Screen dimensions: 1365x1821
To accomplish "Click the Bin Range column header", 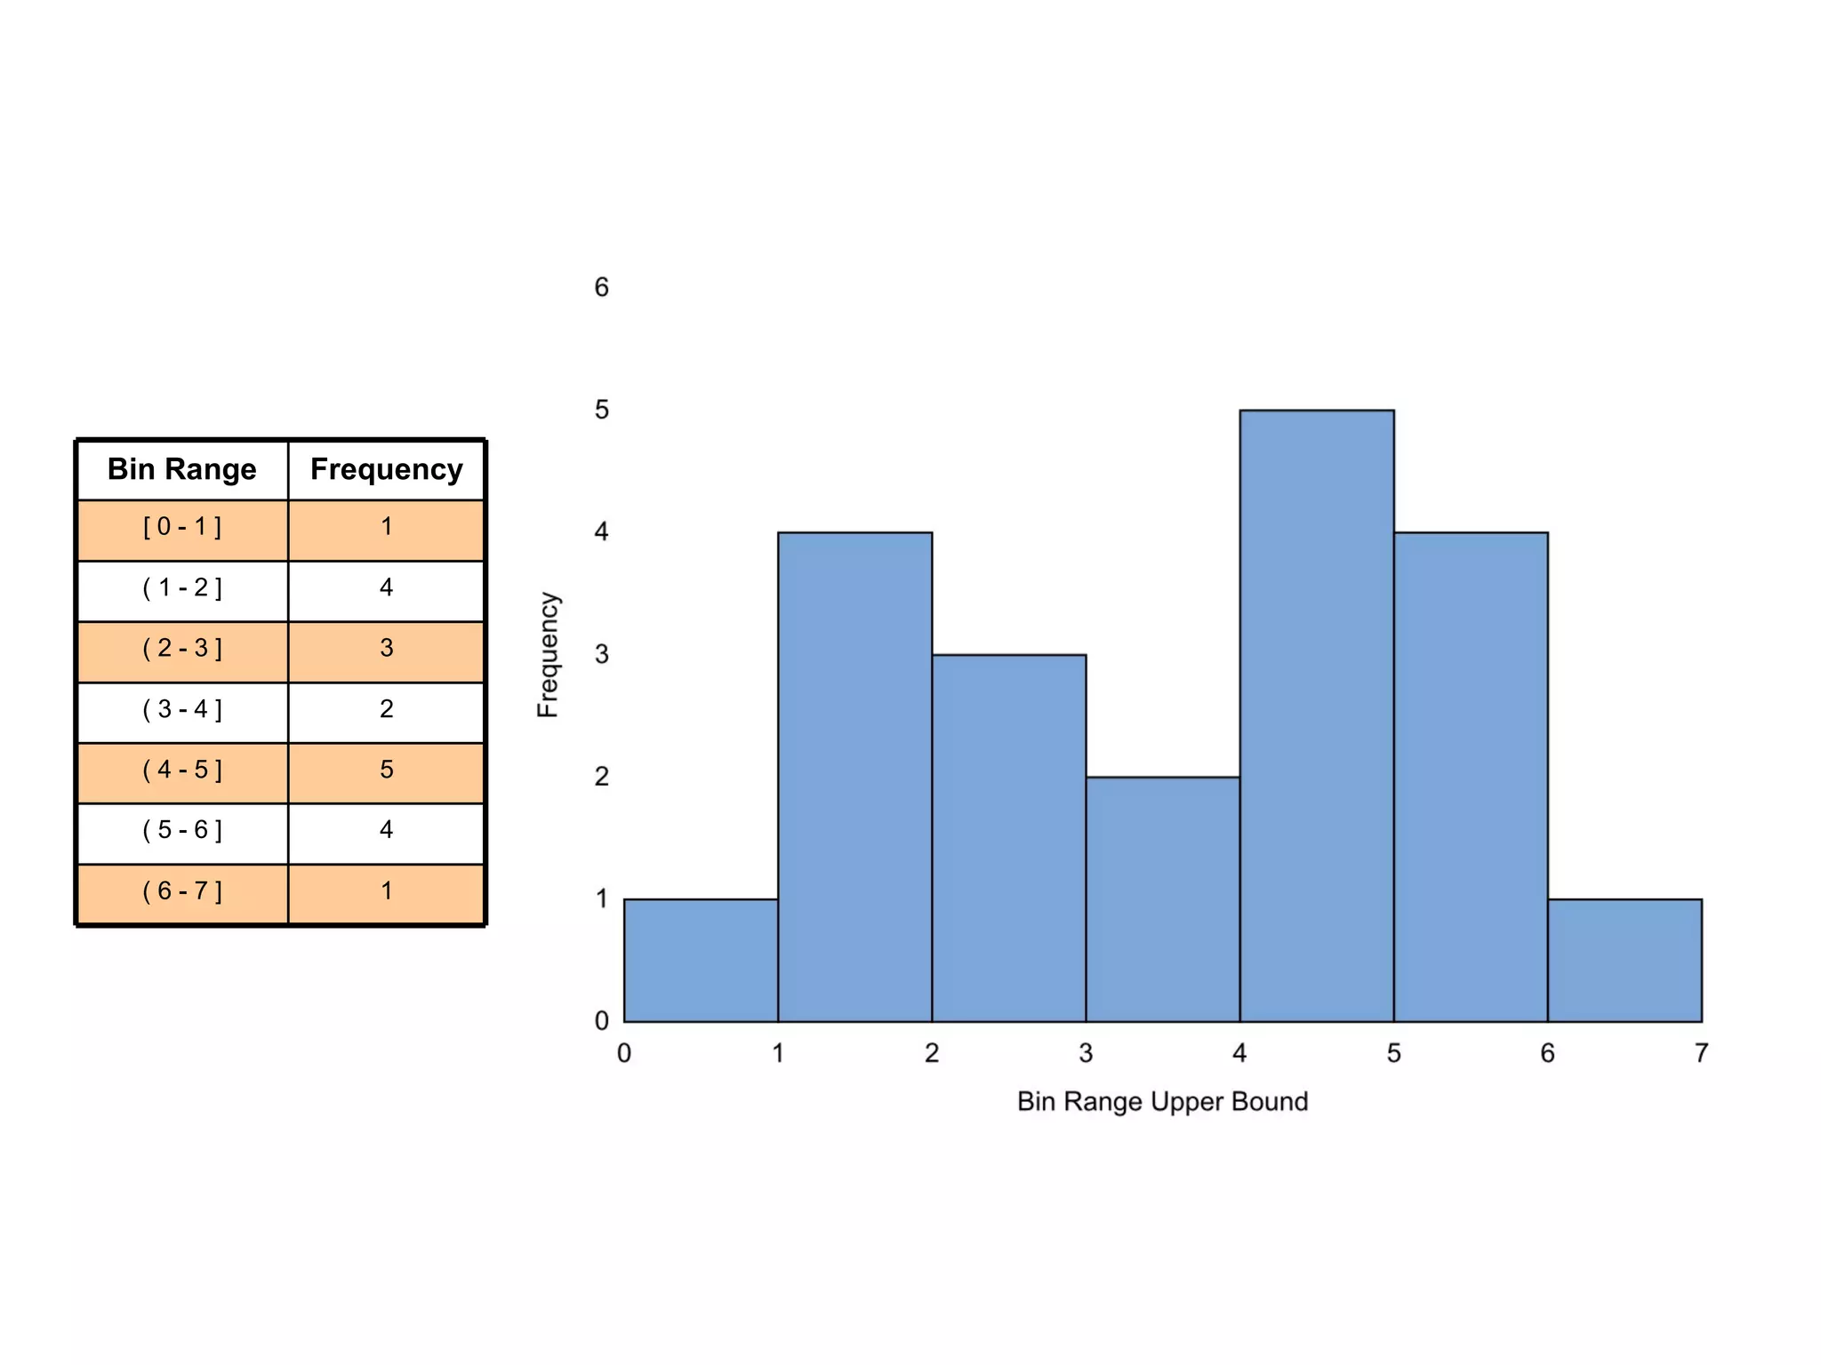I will (x=181, y=469).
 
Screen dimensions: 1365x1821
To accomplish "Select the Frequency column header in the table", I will (x=386, y=469).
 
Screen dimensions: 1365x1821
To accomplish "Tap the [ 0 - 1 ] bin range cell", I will (x=181, y=527).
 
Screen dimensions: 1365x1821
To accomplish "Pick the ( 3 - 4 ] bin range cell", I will (x=181, y=710).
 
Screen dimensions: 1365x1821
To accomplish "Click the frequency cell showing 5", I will (x=386, y=770).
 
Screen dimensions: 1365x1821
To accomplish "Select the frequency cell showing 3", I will (x=386, y=649).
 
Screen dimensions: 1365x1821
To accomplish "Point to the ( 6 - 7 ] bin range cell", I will (x=181, y=891).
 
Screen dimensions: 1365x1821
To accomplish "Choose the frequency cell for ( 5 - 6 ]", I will (x=386, y=830).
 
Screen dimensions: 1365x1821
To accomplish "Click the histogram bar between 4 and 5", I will (x=1316, y=716).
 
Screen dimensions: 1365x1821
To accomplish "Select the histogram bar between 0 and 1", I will (x=701, y=961).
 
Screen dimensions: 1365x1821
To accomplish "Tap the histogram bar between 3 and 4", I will (x=1162, y=899).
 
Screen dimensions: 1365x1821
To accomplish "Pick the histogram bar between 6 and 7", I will (x=1624, y=961).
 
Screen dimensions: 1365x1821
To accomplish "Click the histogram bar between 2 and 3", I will (x=1008, y=838).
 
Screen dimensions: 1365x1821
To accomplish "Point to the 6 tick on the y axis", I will (x=602, y=288).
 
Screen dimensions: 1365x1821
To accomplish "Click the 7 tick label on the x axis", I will (x=1701, y=1054).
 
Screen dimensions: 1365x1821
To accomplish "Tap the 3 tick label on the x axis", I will (x=1086, y=1054).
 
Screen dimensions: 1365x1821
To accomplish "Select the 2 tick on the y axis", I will (x=602, y=777).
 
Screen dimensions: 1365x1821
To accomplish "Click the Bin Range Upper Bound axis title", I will (x=1162, y=1102).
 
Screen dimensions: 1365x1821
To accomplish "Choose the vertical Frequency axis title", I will (x=548, y=655).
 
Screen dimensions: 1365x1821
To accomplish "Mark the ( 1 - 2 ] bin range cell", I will (x=181, y=588).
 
